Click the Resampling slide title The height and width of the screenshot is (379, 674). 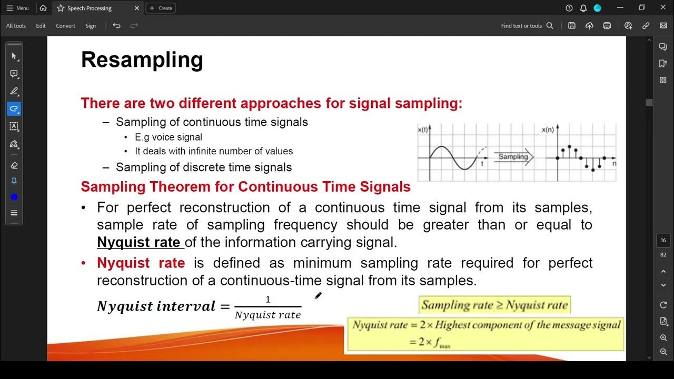[x=142, y=60]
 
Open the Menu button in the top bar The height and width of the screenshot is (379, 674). [x=17, y=8]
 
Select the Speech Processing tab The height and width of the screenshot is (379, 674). [x=90, y=8]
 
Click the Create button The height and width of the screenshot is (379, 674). [x=161, y=8]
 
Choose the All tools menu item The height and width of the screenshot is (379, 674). [x=16, y=26]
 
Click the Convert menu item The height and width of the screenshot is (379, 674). [x=65, y=26]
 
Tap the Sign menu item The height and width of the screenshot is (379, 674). [x=91, y=26]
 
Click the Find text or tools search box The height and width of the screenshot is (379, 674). [x=527, y=26]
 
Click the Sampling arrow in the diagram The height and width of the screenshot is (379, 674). [x=513, y=157]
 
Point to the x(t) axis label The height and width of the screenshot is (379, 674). [x=423, y=129]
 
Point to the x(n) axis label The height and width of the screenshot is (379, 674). [x=548, y=129]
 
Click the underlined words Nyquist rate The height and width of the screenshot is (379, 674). [x=138, y=242]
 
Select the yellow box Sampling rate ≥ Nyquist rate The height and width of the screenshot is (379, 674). [x=494, y=305]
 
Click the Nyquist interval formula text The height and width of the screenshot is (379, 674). [x=156, y=306]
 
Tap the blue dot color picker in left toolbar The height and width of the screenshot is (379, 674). [x=14, y=197]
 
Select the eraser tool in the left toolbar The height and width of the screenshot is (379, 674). [x=14, y=165]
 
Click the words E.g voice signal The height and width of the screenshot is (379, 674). [x=168, y=137]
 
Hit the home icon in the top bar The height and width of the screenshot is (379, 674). [x=43, y=8]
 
